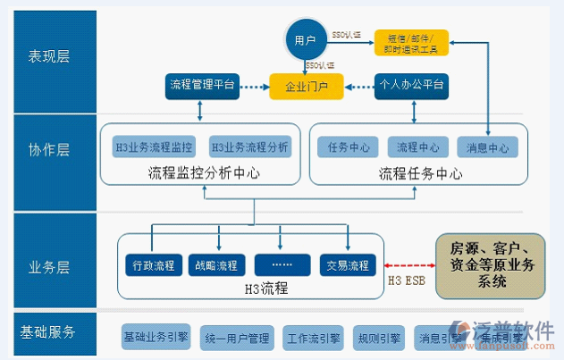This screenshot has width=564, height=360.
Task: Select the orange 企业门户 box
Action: pos(307,88)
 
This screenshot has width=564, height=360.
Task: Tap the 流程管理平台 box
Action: pos(201,86)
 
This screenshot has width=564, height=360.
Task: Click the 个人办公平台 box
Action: pos(413,86)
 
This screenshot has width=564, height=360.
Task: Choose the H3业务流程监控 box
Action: pos(154,147)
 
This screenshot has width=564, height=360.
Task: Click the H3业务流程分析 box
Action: pos(249,147)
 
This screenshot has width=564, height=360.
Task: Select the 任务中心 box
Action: pos(349,147)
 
